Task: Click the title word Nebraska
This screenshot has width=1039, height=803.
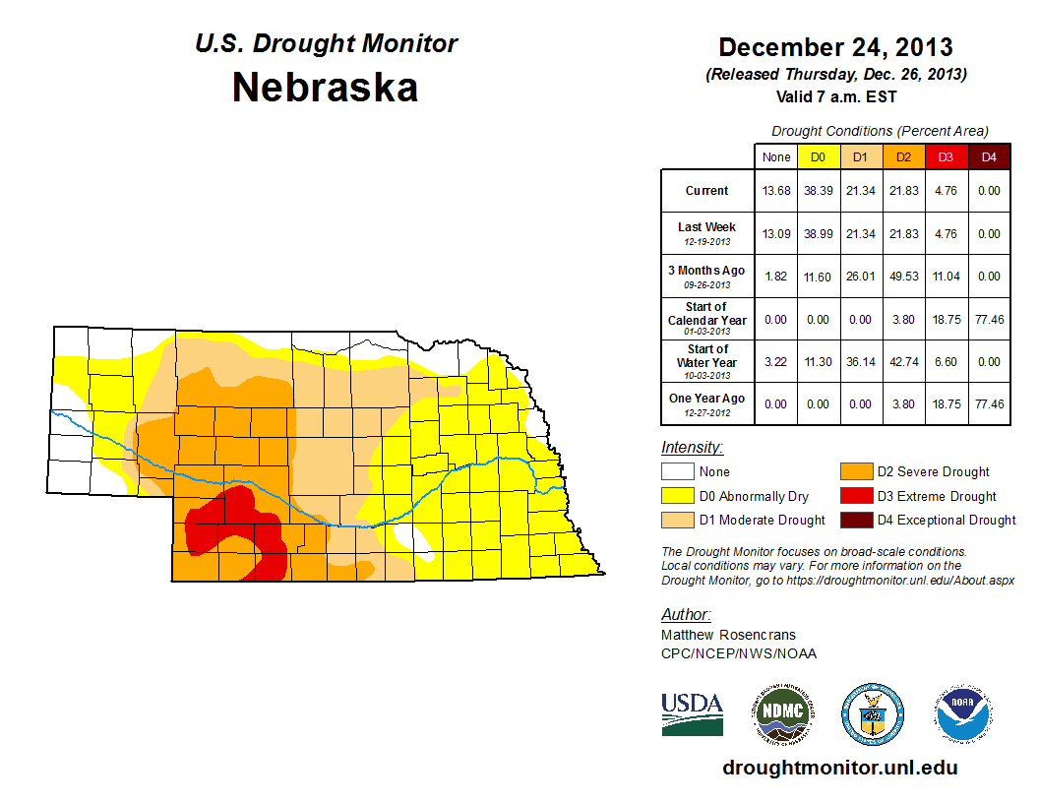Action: point(325,88)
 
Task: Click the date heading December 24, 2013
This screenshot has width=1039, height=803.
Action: point(835,47)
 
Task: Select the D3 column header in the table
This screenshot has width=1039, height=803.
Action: point(945,156)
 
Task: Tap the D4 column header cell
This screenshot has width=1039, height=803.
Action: point(989,156)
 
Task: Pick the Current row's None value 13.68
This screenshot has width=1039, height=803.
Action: point(776,191)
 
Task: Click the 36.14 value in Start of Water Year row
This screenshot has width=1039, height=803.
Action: point(859,362)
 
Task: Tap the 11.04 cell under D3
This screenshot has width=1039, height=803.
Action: point(945,277)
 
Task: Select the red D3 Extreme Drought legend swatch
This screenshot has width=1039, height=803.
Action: point(854,496)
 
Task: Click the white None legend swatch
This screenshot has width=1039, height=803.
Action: point(677,472)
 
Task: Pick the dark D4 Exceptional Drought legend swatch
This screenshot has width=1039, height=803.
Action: point(854,520)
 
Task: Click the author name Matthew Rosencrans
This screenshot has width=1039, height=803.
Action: point(728,635)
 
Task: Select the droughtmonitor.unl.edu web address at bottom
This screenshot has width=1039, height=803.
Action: point(839,768)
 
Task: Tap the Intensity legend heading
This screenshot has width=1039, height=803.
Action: point(693,448)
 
